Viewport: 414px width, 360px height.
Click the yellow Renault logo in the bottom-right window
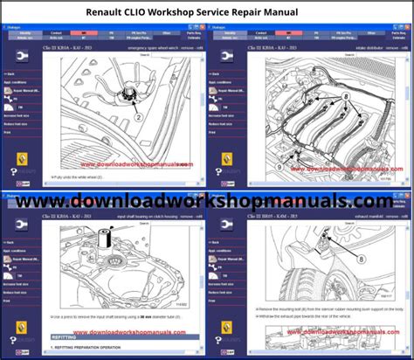pos(227,327)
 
